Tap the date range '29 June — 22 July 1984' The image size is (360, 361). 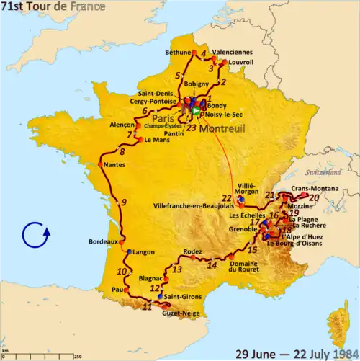pos(297,352)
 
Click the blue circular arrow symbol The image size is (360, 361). pos(35,235)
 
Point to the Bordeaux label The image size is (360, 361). pos(102,242)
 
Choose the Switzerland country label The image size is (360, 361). pos(323,174)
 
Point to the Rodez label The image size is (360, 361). pos(193,251)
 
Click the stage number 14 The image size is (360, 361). pos(212,264)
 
